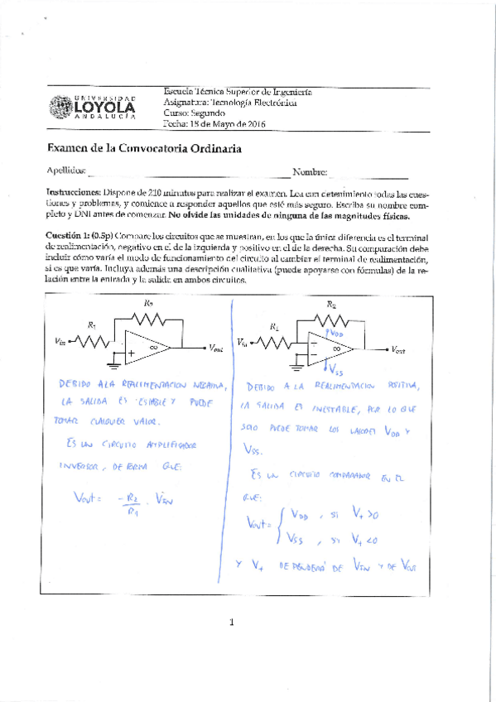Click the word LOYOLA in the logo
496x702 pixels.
(x=104, y=108)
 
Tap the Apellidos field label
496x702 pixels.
(x=66, y=171)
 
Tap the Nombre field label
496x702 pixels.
(x=311, y=171)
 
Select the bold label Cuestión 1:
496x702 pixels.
(x=69, y=235)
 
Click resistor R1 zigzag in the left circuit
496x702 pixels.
(x=94, y=339)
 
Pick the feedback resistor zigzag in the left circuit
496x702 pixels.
(x=149, y=318)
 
